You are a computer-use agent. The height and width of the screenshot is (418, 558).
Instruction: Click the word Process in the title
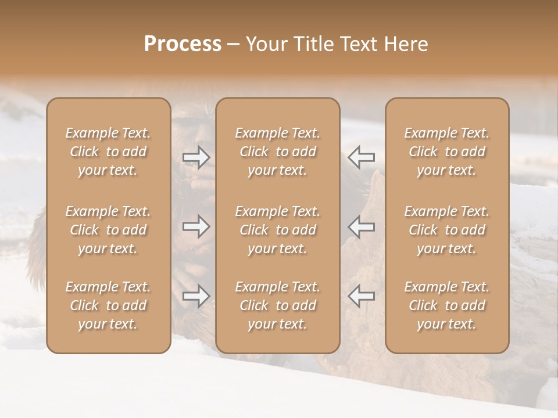coord(183,44)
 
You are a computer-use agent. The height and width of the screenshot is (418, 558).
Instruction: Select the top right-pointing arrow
coord(196,157)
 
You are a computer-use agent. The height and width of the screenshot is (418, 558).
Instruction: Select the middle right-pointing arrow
coord(196,226)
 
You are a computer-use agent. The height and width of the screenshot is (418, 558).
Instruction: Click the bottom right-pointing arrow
coord(196,296)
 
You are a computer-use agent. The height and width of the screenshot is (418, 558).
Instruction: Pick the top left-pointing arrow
coord(361,157)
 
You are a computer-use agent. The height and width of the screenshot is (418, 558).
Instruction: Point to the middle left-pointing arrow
coord(361,226)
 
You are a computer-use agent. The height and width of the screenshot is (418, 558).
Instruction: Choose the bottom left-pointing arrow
coord(361,296)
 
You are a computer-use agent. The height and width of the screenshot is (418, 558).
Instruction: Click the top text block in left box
coord(108,152)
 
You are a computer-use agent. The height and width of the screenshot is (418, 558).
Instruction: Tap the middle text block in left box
coord(108,230)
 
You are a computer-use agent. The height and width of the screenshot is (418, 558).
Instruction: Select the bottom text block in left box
coord(108,305)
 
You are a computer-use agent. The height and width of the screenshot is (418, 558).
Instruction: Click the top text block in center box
coord(278,152)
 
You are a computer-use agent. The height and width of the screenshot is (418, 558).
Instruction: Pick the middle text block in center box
coord(278,230)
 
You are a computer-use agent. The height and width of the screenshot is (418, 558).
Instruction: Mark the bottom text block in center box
coord(278,305)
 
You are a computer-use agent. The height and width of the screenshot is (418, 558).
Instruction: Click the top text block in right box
coord(447,152)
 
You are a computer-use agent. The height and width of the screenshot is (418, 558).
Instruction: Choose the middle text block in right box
coord(447,230)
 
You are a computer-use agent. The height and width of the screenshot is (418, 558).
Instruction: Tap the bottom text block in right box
coord(447,305)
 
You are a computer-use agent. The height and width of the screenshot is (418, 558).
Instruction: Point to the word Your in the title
coord(265,44)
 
